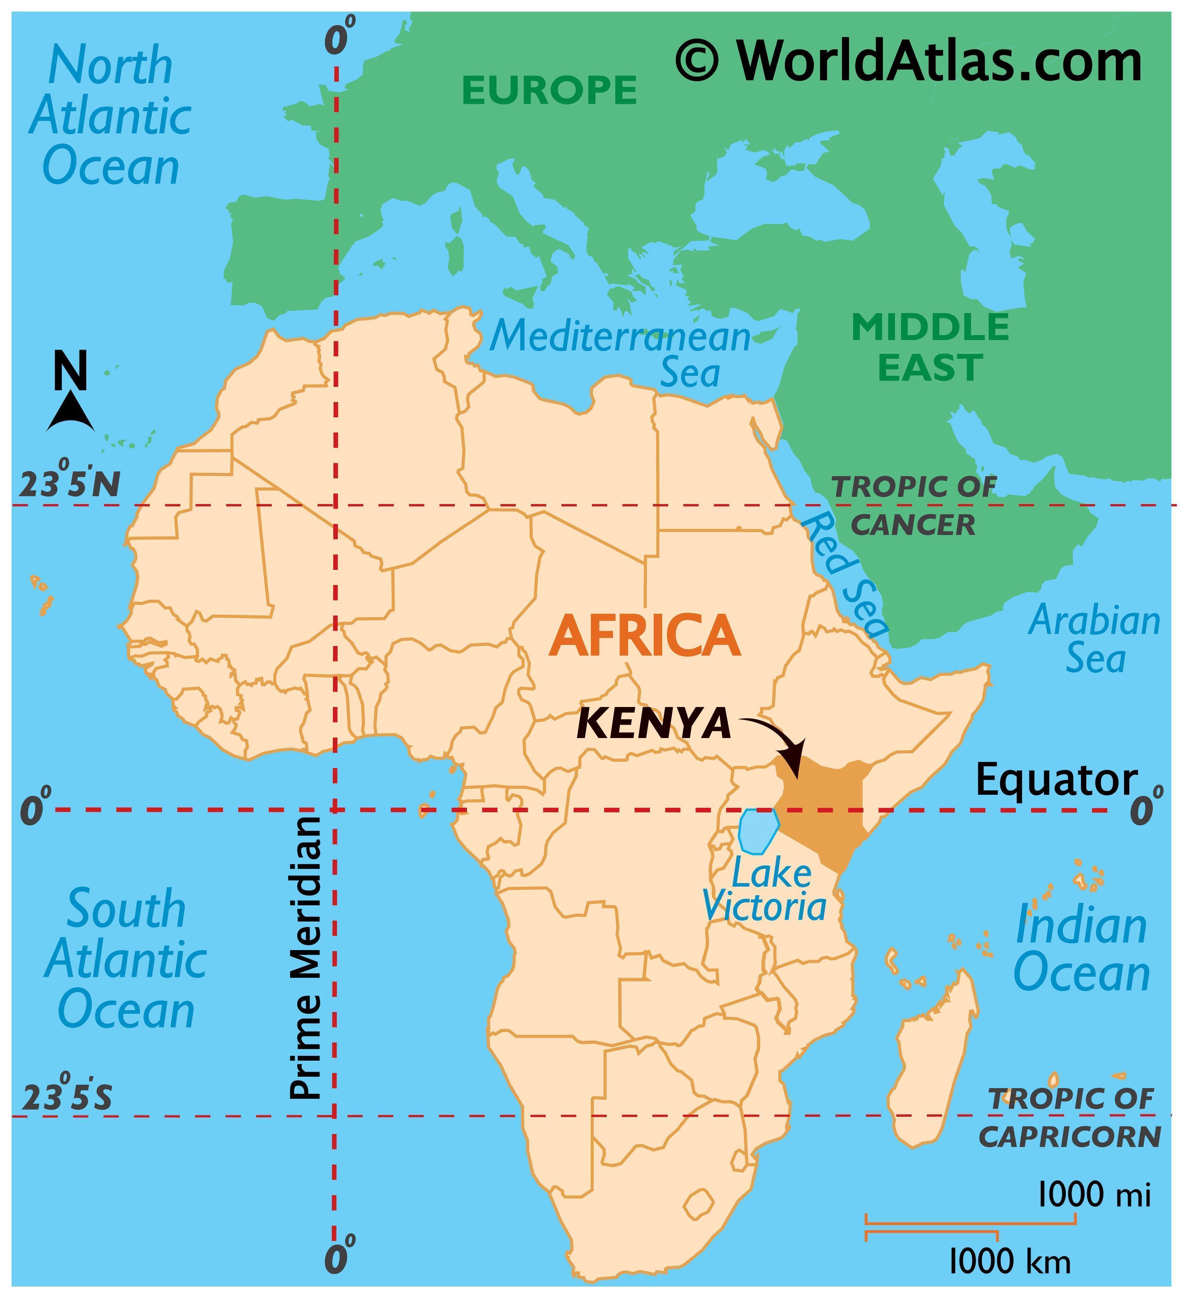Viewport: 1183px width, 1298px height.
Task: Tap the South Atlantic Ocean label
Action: click(x=125, y=959)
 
